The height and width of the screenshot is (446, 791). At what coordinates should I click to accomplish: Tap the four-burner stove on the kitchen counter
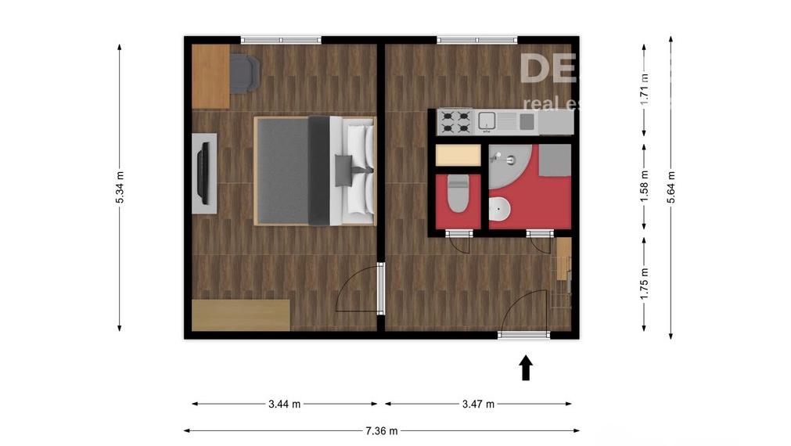point(455,121)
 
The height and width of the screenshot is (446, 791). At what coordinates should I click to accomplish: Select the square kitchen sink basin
point(487,120)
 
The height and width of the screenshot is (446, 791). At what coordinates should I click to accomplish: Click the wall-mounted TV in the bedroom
point(203,173)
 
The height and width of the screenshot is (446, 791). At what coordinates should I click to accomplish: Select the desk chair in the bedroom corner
point(245,72)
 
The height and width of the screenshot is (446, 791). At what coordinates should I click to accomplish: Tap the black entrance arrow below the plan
point(526,368)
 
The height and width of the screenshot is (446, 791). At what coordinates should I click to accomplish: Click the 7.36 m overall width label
point(381,430)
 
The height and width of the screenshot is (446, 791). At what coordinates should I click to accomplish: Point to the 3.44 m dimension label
point(284,405)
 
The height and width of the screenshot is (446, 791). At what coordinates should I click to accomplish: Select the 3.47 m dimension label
point(478,405)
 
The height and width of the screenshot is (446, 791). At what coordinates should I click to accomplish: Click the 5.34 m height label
point(120,188)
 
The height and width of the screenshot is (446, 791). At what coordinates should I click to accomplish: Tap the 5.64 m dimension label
point(671,187)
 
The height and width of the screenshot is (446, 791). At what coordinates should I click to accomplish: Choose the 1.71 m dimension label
point(645,89)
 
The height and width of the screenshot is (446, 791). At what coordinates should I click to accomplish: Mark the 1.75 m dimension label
point(645,284)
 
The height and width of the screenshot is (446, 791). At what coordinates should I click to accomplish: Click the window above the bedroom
point(281,39)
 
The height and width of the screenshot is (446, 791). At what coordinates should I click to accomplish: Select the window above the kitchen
point(477,39)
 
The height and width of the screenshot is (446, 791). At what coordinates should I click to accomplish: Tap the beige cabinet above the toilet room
point(458,155)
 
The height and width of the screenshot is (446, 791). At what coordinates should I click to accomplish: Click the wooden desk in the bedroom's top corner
point(210,76)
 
